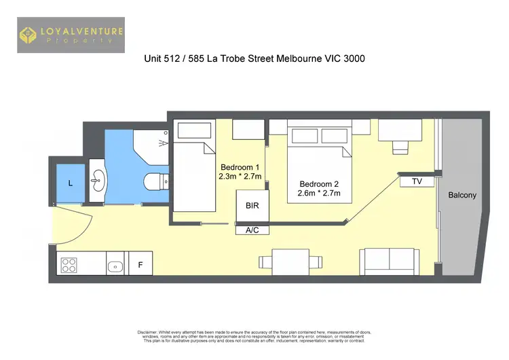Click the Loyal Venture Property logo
pyautogui.click(x=71, y=35)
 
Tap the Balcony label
pyautogui.click(x=462, y=196)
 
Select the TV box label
pyautogui.click(x=417, y=181)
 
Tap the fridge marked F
pyautogui.click(x=140, y=265)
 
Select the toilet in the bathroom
pyautogui.click(x=155, y=181)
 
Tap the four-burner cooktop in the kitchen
pyautogui.click(x=69, y=264)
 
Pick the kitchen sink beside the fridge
pyautogui.click(x=114, y=265)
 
